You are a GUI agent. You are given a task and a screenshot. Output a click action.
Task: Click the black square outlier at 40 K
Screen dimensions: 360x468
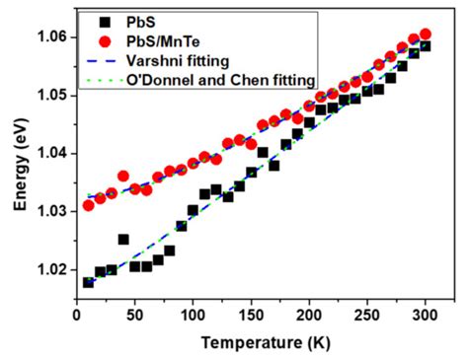tap(123, 240)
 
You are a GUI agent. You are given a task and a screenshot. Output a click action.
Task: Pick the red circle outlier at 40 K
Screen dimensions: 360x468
tap(123, 177)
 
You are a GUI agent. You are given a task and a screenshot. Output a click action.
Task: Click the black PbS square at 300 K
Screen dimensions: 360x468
tap(426, 46)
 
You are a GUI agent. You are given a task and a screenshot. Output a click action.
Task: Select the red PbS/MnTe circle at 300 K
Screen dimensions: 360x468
tap(426, 35)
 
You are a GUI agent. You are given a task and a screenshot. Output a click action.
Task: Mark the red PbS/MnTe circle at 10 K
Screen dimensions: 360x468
tap(89, 205)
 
